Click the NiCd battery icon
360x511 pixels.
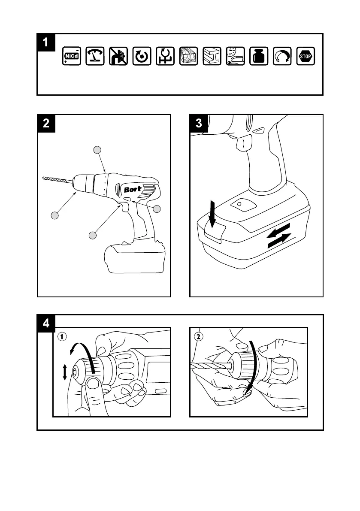[71, 56]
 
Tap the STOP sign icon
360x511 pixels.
[306, 56]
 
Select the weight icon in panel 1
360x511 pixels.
[259, 56]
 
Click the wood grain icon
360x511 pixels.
[189, 56]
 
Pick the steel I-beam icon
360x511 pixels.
[212, 56]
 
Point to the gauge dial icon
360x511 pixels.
[95, 56]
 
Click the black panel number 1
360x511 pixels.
[46, 42]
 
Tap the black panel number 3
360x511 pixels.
[199, 123]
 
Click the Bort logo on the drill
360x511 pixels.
[133, 189]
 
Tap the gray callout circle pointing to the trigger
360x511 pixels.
[92, 235]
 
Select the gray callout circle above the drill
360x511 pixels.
[97, 149]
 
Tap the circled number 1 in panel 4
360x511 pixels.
[63, 337]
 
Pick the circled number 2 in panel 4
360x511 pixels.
[198, 337]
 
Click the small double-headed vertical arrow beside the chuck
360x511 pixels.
[65, 372]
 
